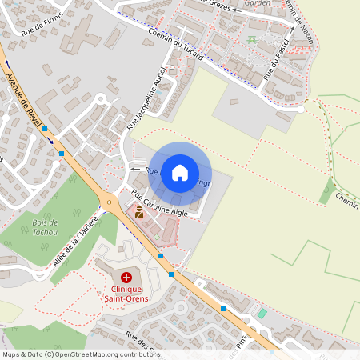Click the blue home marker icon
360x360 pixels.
pos(180,172)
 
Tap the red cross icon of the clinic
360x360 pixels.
pos(126,276)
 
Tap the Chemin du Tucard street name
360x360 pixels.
pos(176,45)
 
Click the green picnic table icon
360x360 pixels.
pos(252,38)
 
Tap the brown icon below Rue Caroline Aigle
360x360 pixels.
pos(138,213)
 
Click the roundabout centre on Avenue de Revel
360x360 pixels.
pos(110,200)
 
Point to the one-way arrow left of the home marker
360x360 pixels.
pos(134,170)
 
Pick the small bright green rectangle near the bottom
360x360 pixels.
pos(262,312)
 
